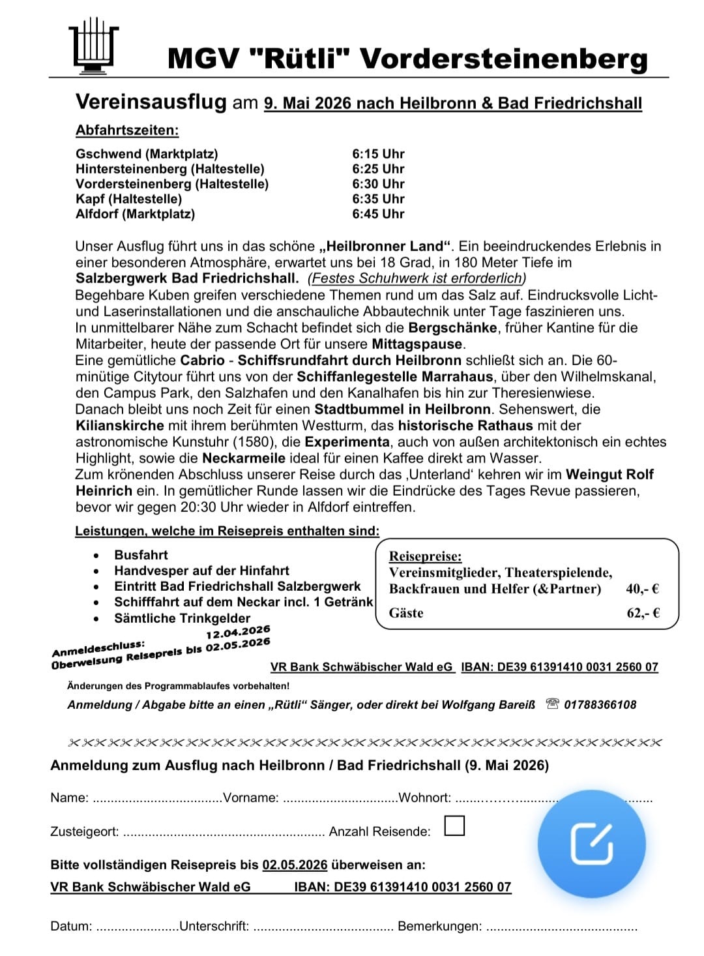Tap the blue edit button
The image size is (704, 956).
click(591, 844)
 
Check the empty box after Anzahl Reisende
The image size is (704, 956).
click(454, 826)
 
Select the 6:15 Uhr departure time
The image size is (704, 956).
click(378, 154)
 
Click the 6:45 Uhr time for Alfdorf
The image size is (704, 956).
click(378, 214)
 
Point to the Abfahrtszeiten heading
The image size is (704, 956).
click(127, 130)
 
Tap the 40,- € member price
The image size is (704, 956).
click(642, 589)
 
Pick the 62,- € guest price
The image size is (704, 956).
click(643, 613)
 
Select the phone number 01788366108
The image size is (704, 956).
click(600, 704)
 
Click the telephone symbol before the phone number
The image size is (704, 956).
click(552, 704)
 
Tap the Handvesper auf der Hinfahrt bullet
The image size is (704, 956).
click(201, 571)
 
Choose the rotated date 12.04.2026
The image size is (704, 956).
click(238, 632)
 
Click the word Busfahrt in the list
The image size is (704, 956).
click(141, 555)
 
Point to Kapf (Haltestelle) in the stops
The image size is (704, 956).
click(128, 199)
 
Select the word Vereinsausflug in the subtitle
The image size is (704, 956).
click(151, 102)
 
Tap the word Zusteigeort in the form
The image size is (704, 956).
click(84, 832)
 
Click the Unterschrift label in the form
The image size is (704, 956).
click(214, 926)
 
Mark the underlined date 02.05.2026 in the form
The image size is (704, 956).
click(295, 865)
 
